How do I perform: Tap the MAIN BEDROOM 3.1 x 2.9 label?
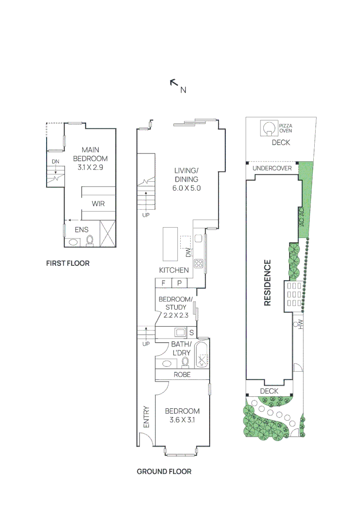(x=90, y=159)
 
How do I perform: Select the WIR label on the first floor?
(x=98, y=204)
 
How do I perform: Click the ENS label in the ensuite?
(x=82, y=230)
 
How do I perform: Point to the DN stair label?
(x=55, y=161)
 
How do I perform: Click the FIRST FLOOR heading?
(x=67, y=263)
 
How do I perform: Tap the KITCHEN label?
(x=174, y=270)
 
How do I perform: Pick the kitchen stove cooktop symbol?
(x=198, y=264)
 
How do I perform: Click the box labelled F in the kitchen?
(x=163, y=283)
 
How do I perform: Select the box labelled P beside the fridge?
(x=179, y=283)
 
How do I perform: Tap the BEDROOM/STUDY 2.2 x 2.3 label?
(x=175, y=307)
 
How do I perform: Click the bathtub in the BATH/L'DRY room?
(x=202, y=355)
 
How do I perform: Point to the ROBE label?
(x=182, y=374)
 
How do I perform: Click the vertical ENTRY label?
(x=146, y=417)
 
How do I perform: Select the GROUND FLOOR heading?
(x=164, y=471)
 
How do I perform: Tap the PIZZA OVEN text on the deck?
(x=285, y=128)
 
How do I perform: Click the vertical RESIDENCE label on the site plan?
(x=268, y=283)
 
